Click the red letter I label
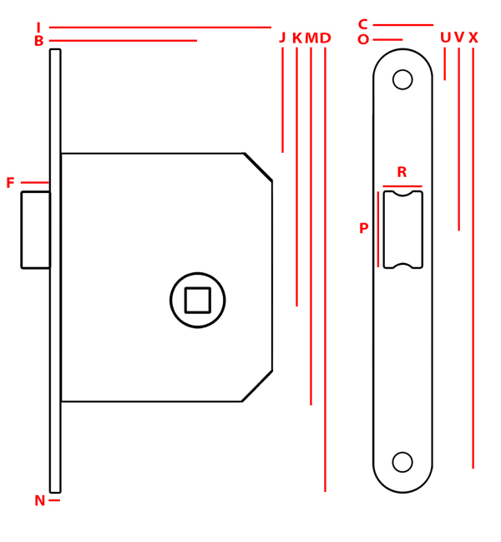[38, 27]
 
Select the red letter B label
[39, 41]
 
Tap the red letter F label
[10, 183]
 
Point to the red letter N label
[40, 500]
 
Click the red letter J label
[282, 38]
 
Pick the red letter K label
[297, 38]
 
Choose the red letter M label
[311, 38]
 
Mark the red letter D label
[325, 38]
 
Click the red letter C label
[362, 24]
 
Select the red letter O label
[363, 40]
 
